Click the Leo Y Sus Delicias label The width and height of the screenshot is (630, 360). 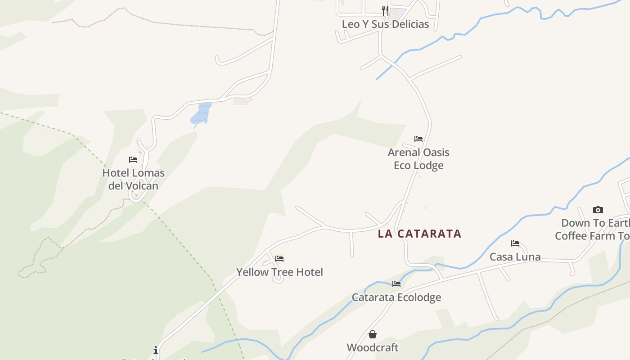click(x=385, y=24)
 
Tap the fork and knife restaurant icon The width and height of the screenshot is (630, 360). click(x=385, y=10)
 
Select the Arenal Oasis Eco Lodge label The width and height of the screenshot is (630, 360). click(x=418, y=159)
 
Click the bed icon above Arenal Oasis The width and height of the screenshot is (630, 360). click(x=418, y=139)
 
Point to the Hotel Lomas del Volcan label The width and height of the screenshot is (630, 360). click(x=133, y=179)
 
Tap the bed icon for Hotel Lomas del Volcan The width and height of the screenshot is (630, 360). click(x=133, y=160)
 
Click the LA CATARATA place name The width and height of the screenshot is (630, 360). click(x=419, y=234)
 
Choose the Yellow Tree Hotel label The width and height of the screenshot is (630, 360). click(x=279, y=272)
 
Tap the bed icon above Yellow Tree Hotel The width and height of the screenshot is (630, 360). click(x=279, y=259)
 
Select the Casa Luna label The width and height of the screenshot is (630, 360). click(x=515, y=257)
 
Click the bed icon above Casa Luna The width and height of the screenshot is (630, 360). click(x=515, y=243)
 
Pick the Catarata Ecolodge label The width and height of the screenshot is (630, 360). click(x=396, y=297)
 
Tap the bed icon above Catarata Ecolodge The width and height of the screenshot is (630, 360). click(x=396, y=284)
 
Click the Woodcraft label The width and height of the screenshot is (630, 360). click(x=373, y=347)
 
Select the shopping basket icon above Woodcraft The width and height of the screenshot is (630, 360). click(x=373, y=334)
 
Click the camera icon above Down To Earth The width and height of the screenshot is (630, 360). click(x=598, y=210)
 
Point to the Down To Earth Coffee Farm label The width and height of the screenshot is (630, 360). click(x=592, y=229)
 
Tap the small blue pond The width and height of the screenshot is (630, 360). click(x=201, y=113)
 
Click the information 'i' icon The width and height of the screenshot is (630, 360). click(x=156, y=350)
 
